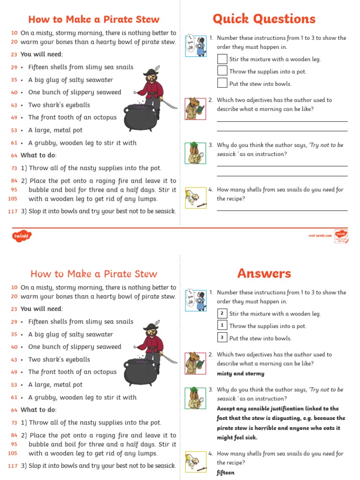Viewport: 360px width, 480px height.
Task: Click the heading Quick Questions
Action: click(x=264, y=19)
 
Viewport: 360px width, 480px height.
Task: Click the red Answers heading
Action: click(x=264, y=273)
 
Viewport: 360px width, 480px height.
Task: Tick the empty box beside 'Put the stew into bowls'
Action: click(x=222, y=83)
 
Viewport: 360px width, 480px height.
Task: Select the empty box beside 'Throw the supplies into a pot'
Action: click(x=222, y=71)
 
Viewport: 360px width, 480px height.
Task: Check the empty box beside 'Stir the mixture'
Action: click(x=222, y=59)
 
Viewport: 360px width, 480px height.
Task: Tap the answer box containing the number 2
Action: click(x=222, y=313)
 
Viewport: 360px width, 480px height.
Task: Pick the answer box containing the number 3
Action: click(x=222, y=337)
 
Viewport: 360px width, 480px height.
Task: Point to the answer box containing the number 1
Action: click(x=222, y=325)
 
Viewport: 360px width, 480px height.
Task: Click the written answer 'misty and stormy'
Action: click(x=240, y=374)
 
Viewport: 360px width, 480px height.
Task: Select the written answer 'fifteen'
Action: click(x=225, y=472)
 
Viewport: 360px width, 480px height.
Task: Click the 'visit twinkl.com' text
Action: click(x=320, y=236)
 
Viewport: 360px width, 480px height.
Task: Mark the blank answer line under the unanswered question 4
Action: click(x=282, y=210)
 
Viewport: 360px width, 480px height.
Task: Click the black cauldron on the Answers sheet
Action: click(x=140, y=372)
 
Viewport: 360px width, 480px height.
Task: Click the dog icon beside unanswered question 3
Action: click(x=195, y=153)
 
